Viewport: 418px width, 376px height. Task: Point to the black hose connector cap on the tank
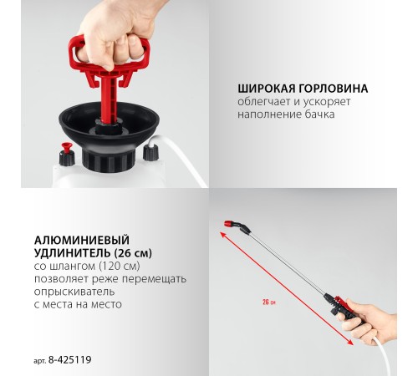[151, 151]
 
